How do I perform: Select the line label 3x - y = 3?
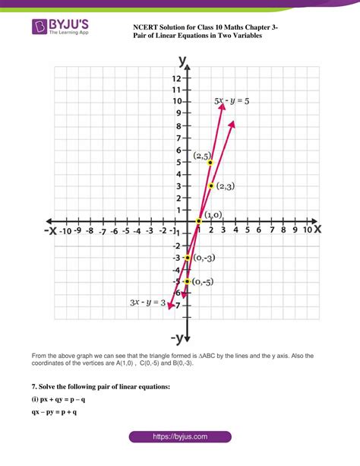147,303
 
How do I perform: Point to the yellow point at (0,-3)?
187,258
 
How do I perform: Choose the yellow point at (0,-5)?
187,281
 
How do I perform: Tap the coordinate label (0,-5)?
207,282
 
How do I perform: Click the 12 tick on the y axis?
175,78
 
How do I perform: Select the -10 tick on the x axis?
66,229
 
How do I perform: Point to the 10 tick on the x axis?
308,229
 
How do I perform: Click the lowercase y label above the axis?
183,60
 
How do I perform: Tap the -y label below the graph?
179,337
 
